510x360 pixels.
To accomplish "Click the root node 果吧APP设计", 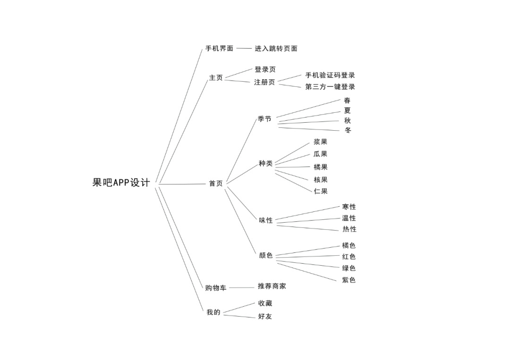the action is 121,183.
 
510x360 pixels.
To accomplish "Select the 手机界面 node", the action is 219,49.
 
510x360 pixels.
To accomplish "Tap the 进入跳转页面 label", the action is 276,49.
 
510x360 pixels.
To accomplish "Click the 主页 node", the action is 216,78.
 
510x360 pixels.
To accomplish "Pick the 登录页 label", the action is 265,69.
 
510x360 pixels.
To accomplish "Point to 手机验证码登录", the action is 330,75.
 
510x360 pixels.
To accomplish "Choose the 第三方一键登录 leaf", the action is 330,87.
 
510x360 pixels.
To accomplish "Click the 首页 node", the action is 216,184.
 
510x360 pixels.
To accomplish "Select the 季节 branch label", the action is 264,119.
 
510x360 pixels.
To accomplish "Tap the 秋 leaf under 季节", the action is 348,121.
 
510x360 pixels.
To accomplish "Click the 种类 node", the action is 265,164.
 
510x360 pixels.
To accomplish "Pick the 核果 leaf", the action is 321,180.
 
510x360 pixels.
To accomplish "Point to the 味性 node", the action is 266,220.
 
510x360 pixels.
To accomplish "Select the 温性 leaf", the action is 349,218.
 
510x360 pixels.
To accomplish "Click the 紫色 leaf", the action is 349,280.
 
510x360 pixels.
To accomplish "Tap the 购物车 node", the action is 215,288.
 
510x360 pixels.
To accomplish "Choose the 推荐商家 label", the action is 272,286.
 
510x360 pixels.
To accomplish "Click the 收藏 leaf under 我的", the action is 265,303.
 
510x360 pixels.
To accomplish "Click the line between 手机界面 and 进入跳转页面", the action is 244,48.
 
